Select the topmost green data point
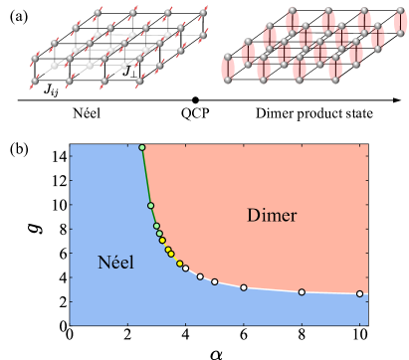[x=142, y=147]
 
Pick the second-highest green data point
[x=151, y=206]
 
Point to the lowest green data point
[x=159, y=235]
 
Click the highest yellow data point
[x=164, y=241]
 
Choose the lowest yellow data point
[x=179, y=264]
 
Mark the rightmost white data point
[x=359, y=294]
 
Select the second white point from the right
[x=302, y=292]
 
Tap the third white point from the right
[x=244, y=287]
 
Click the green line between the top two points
[x=146, y=177]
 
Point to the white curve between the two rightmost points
[x=330, y=293]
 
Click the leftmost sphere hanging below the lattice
[x=36, y=82]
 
